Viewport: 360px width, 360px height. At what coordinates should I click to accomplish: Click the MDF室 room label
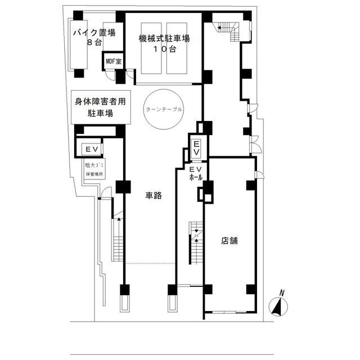(114, 61)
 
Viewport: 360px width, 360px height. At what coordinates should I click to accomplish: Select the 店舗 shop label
(229, 241)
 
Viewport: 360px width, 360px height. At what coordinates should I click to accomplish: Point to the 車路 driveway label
(154, 195)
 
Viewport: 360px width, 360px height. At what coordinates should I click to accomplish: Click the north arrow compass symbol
(278, 306)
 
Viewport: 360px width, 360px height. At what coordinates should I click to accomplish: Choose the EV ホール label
(196, 173)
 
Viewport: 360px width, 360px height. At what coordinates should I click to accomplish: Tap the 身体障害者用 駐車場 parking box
(101, 107)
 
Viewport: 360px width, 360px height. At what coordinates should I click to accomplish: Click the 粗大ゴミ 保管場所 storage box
(94, 169)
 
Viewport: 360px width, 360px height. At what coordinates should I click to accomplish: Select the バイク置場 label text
(94, 33)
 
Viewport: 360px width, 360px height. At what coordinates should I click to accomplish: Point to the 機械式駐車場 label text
(164, 38)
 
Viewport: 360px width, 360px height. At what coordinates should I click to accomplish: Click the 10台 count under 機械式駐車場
(165, 49)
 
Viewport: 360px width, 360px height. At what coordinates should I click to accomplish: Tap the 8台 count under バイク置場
(94, 43)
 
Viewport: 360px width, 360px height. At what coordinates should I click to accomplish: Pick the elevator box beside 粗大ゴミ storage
(92, 149)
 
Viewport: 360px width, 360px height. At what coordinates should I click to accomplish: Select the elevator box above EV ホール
(196, 148)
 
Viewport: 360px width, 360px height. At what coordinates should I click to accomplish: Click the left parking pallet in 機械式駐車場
(151, 48)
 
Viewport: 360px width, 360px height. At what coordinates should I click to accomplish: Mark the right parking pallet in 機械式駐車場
(177, 48)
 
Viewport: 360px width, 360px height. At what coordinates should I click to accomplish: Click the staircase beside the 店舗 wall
(196, 243)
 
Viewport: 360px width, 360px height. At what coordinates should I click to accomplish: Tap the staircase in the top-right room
(228, 31)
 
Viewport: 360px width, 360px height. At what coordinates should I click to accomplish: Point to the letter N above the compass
(282, 293)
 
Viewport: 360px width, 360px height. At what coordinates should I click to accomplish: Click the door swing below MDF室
(110, 75)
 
